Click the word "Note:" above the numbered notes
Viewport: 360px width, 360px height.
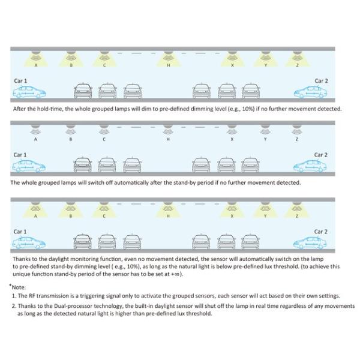pyautogui.click(x=18, y=287)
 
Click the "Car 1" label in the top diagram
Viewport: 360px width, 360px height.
pyautogui.click(x=20, y=81)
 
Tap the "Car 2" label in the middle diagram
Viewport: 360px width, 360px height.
pyautogui.click(x=321, y=155)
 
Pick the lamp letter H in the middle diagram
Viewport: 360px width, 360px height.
pyautogui.click(x=168, y=139)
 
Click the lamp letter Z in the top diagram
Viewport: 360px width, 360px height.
pyautogui.click(x=296, y=65)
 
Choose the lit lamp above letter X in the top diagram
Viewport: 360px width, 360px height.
pyautogui.click(x=232, y=58)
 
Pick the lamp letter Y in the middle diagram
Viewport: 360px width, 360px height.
pyautogui.click(x=265, y=139)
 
